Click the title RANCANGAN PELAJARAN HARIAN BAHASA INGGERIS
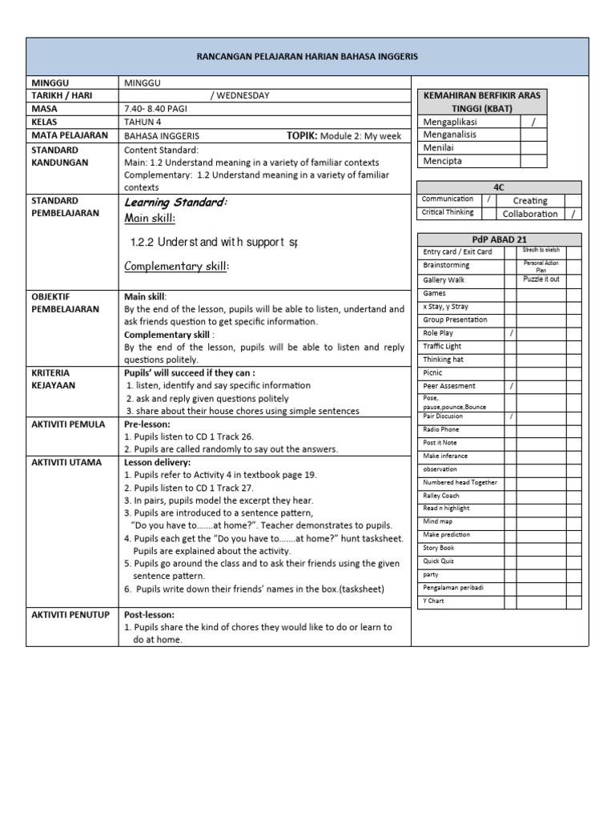(x=307, y=58)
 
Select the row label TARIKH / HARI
(x=62, y=95)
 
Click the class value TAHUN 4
(x=143, y=123)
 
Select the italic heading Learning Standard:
(x=175, y=203)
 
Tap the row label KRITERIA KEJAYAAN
(x=54, y=380)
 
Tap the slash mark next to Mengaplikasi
(x=533, y=121)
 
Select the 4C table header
(x=499, y=187)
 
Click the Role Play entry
(x=438, y=333)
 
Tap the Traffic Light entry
(x=442, y=346)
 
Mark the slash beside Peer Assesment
(x=511, y=386)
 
